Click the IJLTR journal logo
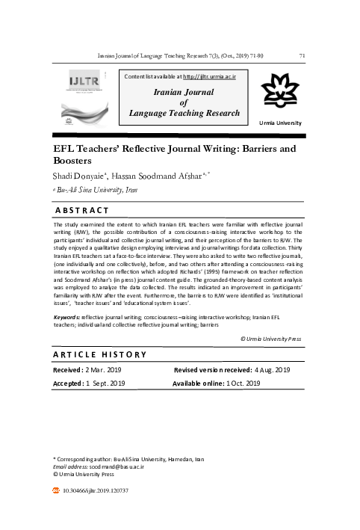point(84,93)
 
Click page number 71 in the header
point(301,55)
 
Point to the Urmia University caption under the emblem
point(280,121)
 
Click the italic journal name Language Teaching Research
point(184,114)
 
